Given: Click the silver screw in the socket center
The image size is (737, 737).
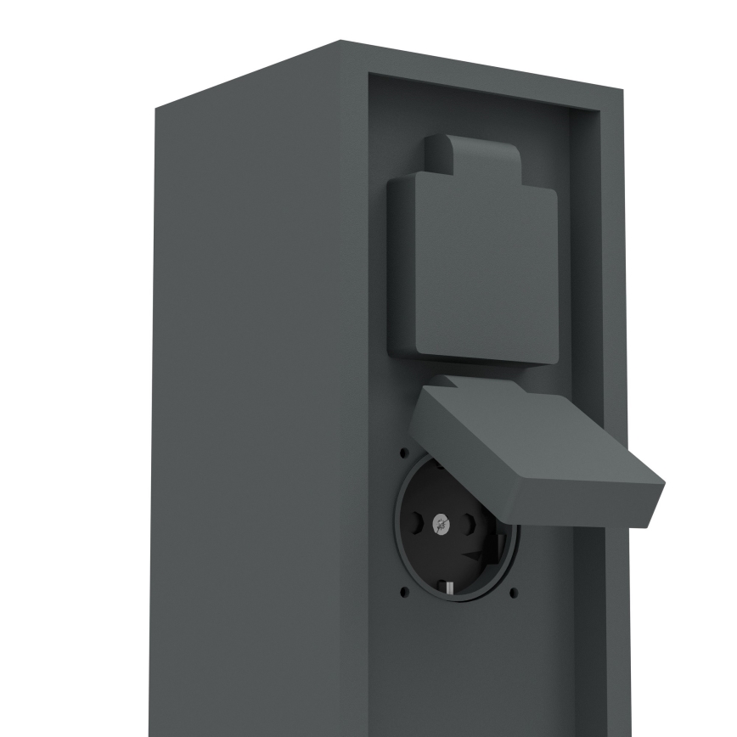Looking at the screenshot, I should pyautogui.click(x=441, y=524).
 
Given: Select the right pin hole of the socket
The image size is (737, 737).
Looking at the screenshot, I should pyautogui.click(x=468, y=525).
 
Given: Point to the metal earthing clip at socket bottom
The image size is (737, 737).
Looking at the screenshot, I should pyautogui.click(x=445, y=585).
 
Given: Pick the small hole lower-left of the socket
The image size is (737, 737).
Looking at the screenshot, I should pyautogui.click(x=403, y=591).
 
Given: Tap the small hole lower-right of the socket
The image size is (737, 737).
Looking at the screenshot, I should pyautogui.click(x=513, y=592).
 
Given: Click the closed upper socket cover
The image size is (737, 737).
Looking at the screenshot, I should pyautogui.click(x=473, y=272).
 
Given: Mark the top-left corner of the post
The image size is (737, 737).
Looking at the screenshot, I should pyautogui.click(x=155, y=110).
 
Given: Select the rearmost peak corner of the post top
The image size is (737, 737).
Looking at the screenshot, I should pyautogui.click(x=341, y=41).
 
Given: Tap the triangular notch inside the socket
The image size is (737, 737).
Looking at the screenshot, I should pyautogui.click(x=477, y=557).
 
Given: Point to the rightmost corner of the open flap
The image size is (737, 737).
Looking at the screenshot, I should pyautogui.click(x=663, y=485).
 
